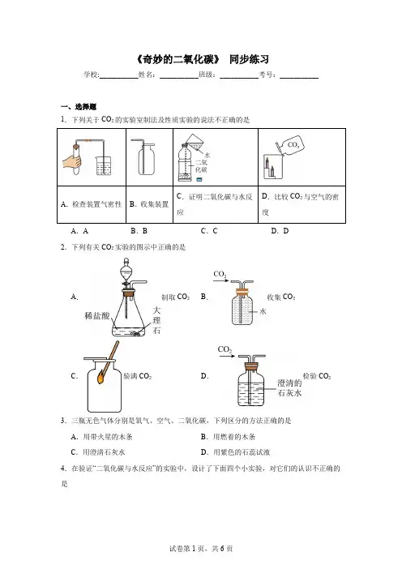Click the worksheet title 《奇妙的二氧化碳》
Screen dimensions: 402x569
click(177, 59)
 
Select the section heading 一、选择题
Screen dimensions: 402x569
click(79, 107)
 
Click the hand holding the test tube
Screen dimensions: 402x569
click(72, 161)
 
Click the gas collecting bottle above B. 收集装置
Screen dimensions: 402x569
click(147, 160)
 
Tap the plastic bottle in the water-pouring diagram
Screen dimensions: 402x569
click(185, 162)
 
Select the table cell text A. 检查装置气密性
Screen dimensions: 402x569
click(91, 204)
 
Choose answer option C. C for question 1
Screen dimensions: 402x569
click(209, 231)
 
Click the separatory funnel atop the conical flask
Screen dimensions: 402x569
click(126, 273)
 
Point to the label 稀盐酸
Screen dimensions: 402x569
click(97, 316)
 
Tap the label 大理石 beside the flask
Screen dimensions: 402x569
click(156, 320)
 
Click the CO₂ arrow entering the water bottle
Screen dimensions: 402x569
click(221, 280)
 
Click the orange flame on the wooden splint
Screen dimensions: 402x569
click(100, 378)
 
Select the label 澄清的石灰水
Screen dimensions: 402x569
click(289, 388)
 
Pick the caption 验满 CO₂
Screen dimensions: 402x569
click(138, 376)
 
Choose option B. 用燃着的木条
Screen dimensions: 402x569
click(228, 437)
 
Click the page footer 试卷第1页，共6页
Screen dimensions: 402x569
click(201, 549)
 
